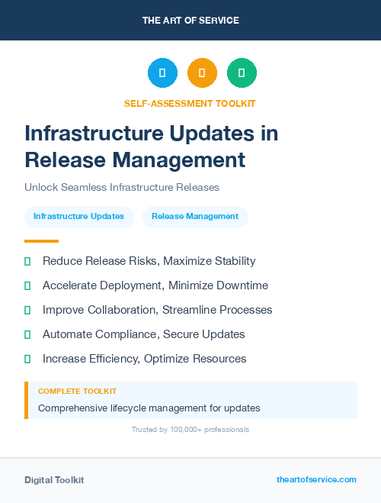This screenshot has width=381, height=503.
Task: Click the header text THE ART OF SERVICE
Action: point(190,21)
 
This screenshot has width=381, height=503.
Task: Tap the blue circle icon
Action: point(162,73)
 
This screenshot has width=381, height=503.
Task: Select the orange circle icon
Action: point(202,73)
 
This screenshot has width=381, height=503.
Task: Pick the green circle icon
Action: point(242,73)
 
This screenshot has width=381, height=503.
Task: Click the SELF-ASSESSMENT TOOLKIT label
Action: point(190,103)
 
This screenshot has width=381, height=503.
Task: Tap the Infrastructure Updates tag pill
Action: point(78,217)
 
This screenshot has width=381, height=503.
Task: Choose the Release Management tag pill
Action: point(195,217)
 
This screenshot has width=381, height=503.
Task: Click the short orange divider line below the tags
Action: point(41,240)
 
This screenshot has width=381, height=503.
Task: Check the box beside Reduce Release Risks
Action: point(27,261)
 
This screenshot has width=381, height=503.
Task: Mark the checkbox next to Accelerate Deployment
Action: point(27,285)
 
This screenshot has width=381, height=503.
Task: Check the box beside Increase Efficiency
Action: point(27,359)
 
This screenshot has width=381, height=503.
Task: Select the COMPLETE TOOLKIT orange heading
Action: point(77,392)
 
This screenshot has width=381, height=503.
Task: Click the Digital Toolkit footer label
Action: point(54,480)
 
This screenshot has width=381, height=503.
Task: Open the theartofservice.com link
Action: point(316,479)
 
